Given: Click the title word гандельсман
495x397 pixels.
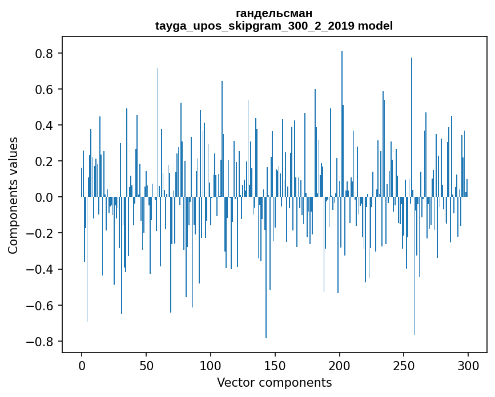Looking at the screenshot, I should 274,13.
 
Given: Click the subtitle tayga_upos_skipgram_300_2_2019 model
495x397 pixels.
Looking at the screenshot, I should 274,26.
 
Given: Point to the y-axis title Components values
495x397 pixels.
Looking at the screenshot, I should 13,195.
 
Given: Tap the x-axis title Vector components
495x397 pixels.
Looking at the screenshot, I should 274,382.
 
